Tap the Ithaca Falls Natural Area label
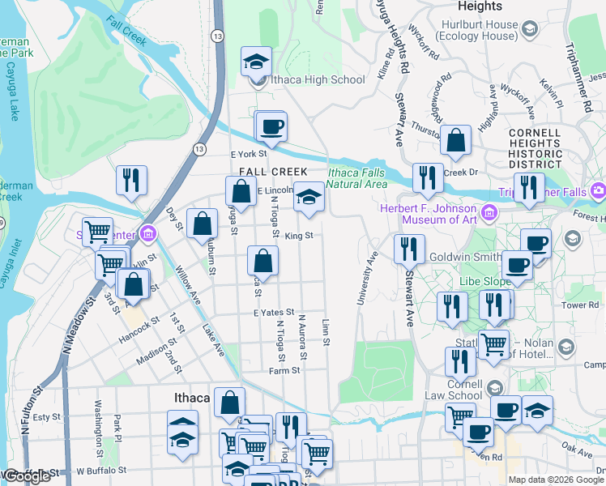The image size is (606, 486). click(x=357, y=178)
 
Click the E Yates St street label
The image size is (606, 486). click(x=272, y=312)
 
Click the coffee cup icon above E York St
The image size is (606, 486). click(x=271, y=127)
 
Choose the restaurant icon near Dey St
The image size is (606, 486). click(x=130, y=181)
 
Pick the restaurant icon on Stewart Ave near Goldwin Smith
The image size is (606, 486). click(x=409, y=249)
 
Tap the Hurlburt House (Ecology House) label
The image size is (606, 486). click(x=476, y=30)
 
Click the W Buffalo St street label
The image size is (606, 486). click(x=101, y=470)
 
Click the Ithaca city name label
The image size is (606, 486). click(x=193, y=398)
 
